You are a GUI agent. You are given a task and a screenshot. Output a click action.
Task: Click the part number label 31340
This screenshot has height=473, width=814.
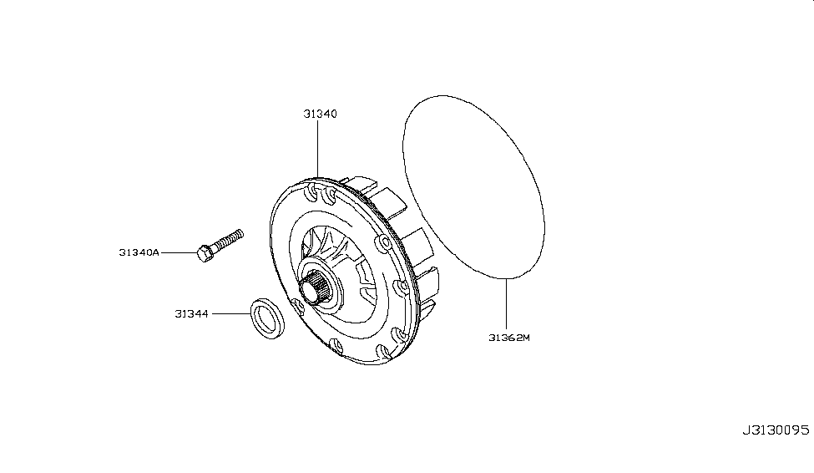(320, 114)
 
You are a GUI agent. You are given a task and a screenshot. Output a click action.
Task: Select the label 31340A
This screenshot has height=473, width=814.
(139, 252)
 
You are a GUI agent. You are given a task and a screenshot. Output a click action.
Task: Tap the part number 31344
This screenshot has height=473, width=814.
(191, 314)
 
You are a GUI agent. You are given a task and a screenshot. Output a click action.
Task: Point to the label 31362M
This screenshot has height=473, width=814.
(508, 338)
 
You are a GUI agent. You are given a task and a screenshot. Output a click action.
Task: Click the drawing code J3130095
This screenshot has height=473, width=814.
(775, 430)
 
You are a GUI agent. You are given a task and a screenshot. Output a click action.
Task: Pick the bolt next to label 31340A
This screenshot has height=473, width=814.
(220, 246)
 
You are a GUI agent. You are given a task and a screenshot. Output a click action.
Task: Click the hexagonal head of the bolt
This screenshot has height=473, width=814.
(205, 254)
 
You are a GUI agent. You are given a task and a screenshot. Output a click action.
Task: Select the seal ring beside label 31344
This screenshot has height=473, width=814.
(267, 319)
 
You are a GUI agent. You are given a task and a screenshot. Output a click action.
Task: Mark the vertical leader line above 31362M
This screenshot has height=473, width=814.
(506, 304)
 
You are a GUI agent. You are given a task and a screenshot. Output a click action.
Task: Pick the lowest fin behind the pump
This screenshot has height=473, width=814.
(427, 310)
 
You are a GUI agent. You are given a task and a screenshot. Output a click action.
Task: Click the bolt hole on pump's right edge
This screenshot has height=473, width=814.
(385, 243)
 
